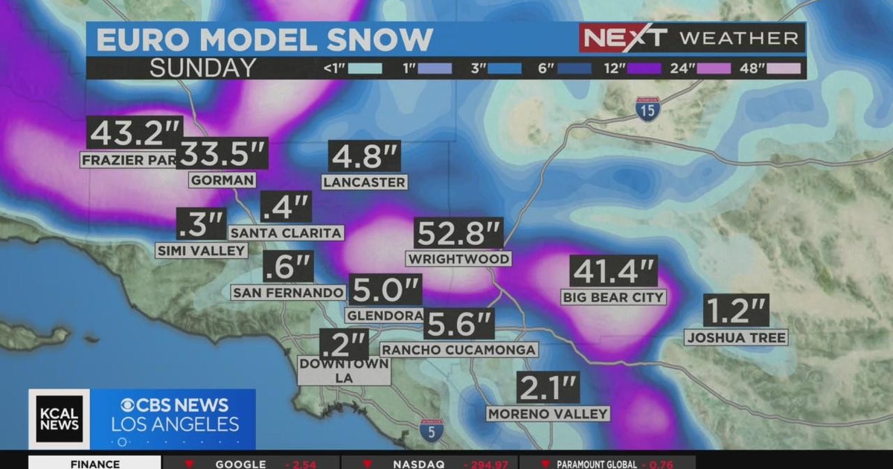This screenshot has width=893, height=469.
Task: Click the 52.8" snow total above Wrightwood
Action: point(458,234)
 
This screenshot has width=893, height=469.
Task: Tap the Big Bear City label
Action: point(613,297)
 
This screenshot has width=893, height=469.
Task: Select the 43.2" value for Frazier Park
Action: point(134,133)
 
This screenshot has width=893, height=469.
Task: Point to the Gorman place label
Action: point(223,180)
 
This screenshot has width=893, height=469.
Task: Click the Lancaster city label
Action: point(365,182)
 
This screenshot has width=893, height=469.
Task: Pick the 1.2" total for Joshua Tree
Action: point(735,310)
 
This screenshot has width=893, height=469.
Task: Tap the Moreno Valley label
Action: point(548,414)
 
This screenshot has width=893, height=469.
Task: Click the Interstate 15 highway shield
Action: point(647,109)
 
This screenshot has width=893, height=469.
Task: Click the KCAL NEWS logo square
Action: point(59,419)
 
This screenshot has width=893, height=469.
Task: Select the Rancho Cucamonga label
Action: point(458,350)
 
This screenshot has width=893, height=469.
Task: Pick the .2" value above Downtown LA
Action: point(343,345)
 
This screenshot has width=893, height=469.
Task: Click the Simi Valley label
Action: point(201,251)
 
